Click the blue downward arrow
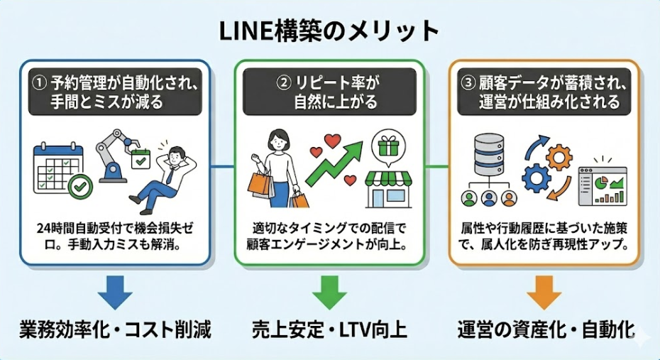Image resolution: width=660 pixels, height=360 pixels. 113,293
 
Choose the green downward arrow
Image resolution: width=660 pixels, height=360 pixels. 329,293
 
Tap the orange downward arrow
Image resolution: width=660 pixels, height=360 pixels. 544,293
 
